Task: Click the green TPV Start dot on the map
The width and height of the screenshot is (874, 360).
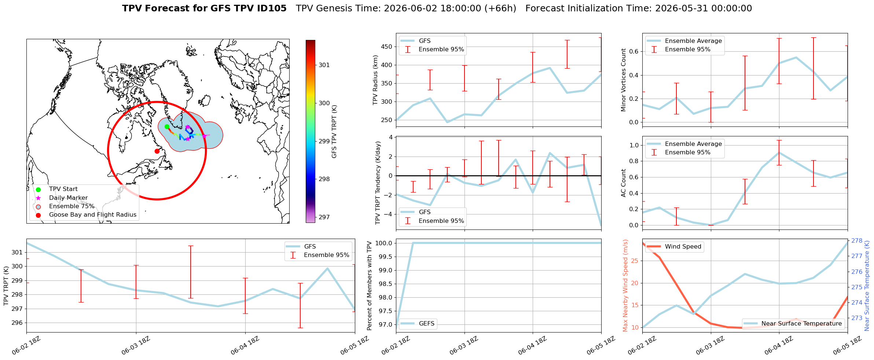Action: click(167, 126)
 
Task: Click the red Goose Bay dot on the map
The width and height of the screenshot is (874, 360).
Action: click(157, 151)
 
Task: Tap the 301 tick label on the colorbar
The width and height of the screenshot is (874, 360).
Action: click(324, 65)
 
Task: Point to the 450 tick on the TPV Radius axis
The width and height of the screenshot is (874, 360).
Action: click(387, 47)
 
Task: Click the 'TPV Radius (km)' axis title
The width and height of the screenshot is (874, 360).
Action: click(375, 80)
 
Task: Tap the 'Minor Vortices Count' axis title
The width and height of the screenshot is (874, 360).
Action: click(624, 80)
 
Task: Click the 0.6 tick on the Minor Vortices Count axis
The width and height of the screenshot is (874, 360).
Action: click(634, 52)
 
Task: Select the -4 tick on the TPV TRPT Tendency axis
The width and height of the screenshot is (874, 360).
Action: click(389, 214)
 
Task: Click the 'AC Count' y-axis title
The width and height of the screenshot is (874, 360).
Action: click(624, 183)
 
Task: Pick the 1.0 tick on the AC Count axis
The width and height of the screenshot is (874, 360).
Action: click(634, 146)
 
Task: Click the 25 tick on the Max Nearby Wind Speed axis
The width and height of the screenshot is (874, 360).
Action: click(635, 261)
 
